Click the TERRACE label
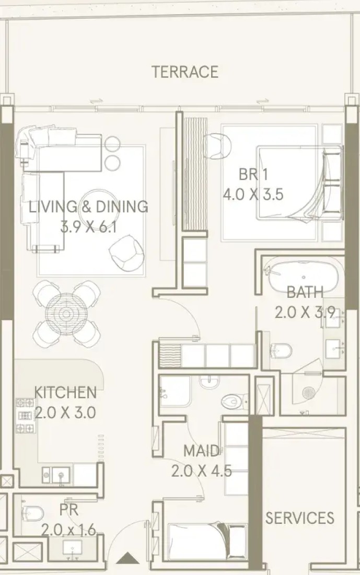(x=185, y=72)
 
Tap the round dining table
(x=66, y=314)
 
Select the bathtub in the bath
(x=304, y=278)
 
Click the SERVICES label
(x=299, y=518)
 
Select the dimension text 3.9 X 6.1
(x=88, y=227)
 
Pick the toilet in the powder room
(x=32, y=512)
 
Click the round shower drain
(x=309, y=393)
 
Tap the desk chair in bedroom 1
(x=218, y=145)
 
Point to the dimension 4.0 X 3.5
(x=253, y=194)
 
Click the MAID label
(x=201, y=451)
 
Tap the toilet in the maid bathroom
(x=233, y=401)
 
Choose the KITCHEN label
(x=65, y=393)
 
